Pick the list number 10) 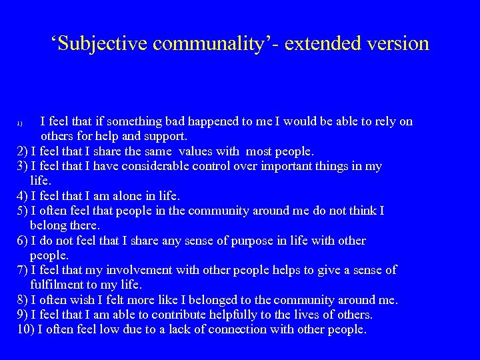tap(25, 329)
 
